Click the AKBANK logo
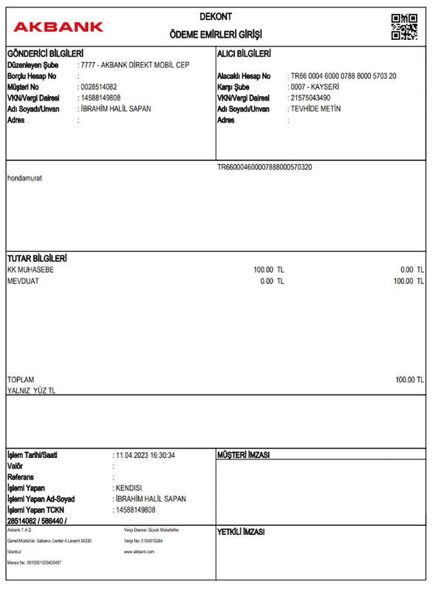click(x=58, y=27)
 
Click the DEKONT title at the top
click(x=215, y=16)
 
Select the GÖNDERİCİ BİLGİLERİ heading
click(x=44, y=54)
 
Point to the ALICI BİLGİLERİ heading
click(x=244, y=54)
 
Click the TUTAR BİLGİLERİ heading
click(x=38, y=259)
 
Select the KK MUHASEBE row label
click(x=30, y=270)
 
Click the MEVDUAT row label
click(x=24, y=281)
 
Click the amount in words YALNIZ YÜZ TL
click(x=31, y=391)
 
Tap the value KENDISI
click(x=127, y=488)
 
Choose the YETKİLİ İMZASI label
click(x=241, y=532)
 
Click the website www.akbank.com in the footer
click(x=138, y=552)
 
